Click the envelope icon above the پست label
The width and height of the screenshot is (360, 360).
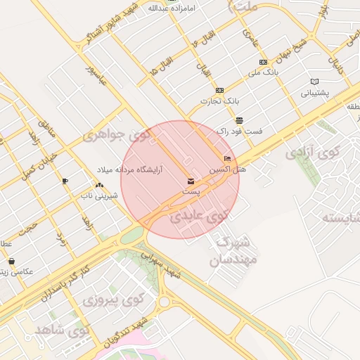pos(191,181)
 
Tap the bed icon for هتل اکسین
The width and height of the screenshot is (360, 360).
pos(226,159)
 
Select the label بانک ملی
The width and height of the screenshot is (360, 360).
pos(265,72)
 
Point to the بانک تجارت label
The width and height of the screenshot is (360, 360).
pos(215,101)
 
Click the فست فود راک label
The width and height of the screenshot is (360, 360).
pos(239,131)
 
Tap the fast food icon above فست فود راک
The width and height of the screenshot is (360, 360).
pos(240,120)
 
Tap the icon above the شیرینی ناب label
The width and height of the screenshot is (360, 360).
pos(98,185)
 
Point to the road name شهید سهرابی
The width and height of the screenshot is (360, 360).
pos(162,264)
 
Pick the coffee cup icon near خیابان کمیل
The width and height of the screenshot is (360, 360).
pos(65,181)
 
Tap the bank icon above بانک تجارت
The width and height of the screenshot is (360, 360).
pos(219,90)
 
